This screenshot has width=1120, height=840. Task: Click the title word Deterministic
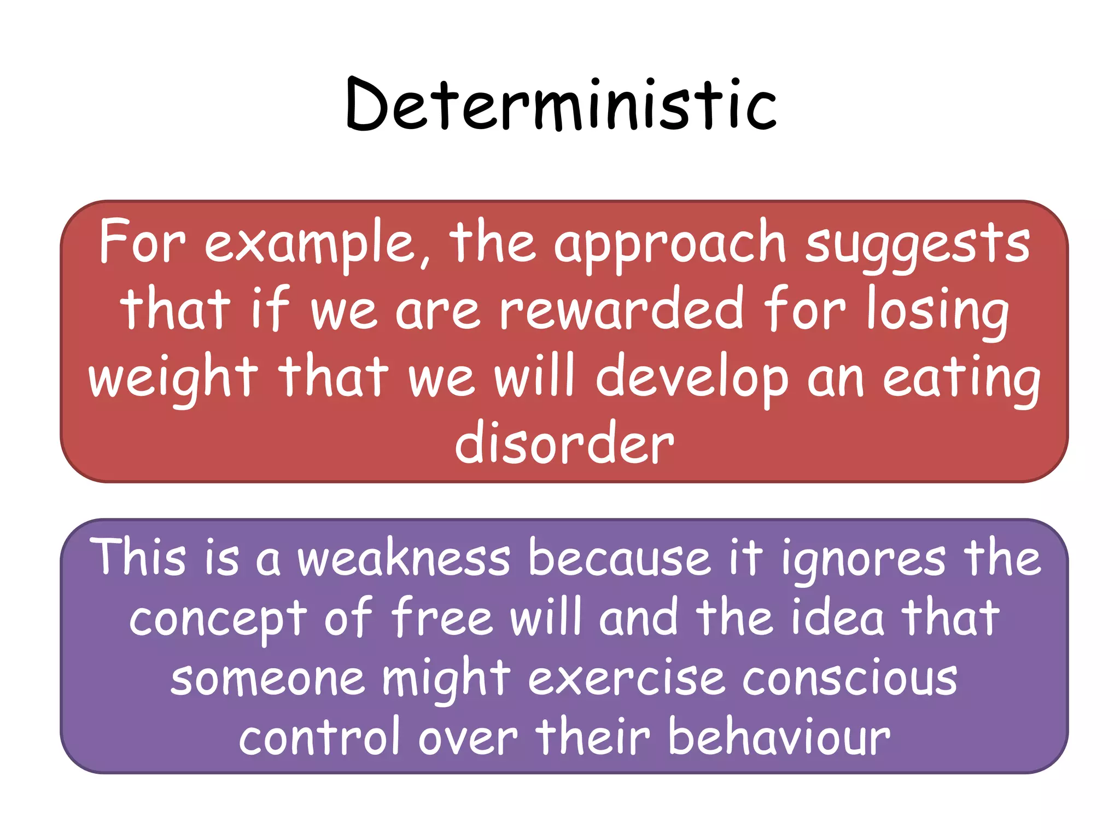561,105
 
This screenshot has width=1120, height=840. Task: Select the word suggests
918,244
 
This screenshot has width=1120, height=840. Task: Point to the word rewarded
621,311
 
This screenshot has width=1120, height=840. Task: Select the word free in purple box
442,618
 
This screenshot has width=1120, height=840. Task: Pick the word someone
267,678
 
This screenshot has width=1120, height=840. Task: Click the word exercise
626,678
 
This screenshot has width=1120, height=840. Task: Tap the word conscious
850,678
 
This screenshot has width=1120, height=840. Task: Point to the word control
319,738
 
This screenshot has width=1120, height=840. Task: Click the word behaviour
779,738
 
